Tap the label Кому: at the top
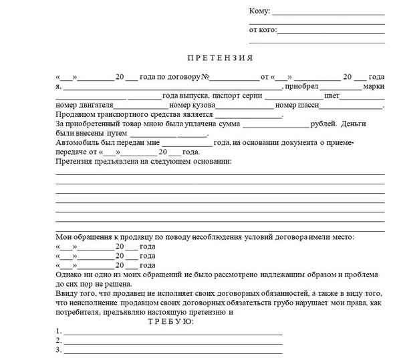point(259,11)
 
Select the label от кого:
point(262,29)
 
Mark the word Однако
point(70,275)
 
